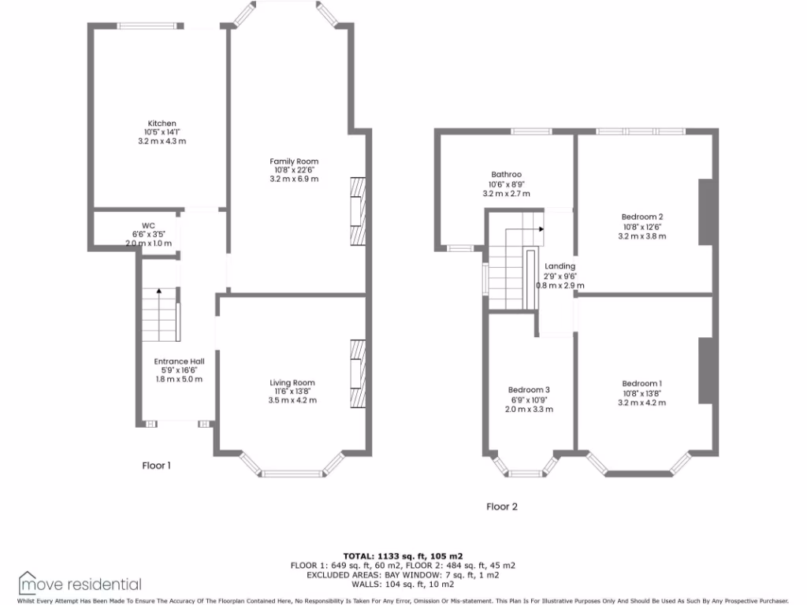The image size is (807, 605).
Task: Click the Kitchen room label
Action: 160,124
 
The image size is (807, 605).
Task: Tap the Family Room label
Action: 296,161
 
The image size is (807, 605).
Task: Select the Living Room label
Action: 292,383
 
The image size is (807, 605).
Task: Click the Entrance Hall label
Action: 179,362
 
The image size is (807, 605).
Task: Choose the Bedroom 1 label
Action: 642,384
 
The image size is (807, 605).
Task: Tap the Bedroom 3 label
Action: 529,390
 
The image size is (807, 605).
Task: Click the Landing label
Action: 560,266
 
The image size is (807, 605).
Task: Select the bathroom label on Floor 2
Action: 506,175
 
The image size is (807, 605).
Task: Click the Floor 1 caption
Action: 156,466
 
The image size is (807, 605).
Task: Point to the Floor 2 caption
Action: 502,507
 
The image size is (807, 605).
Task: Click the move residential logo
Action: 80,584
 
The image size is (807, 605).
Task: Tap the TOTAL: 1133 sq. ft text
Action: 403,555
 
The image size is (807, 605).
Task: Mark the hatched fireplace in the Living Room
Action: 359,374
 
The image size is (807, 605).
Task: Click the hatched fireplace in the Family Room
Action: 359,210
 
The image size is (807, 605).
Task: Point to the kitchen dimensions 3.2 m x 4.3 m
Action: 160,141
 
